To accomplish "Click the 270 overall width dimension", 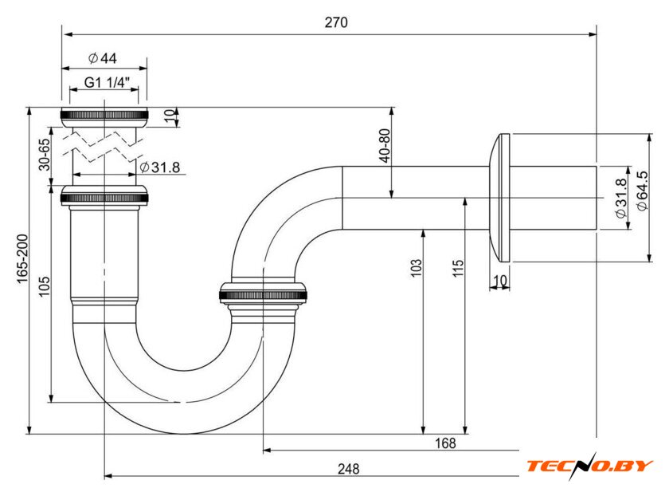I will coord(335,23).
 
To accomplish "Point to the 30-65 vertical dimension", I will coord(45,153).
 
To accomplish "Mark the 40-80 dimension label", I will coord(385,145).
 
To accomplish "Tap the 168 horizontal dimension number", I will coord(445,443).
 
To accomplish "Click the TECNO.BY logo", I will coord(589,465).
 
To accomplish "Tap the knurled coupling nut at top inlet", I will coord(104,114).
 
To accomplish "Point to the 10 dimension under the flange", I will coord(499,280).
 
